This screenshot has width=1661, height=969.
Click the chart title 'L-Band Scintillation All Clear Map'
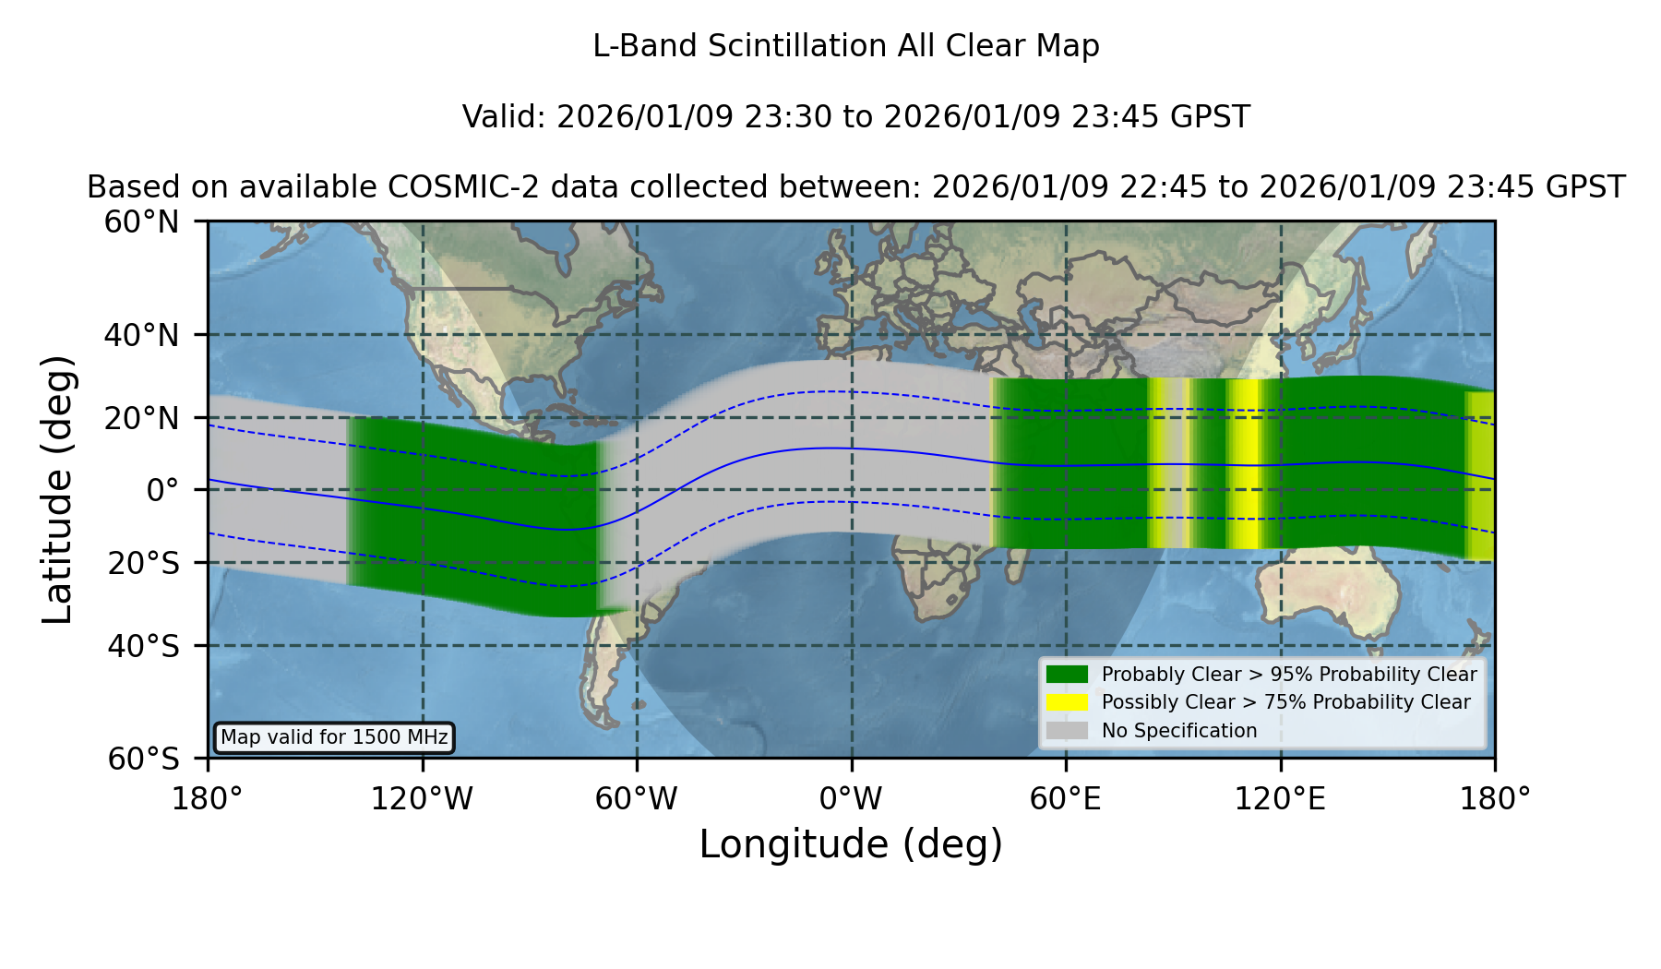coord(845,46)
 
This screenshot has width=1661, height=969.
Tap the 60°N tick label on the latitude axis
coord(142,222)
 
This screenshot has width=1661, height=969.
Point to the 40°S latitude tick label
coord(144,646)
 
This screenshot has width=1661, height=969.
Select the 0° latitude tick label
coord(163,490)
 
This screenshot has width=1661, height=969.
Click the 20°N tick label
coord(142,418)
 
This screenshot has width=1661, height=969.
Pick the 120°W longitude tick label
coord(422,799)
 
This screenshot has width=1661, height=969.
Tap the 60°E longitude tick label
coord(1066,799)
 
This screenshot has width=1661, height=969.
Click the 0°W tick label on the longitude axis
coord(852,799)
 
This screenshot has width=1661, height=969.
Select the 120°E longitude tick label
coord(1281,799)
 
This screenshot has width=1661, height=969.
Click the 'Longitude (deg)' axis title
coord(851,844)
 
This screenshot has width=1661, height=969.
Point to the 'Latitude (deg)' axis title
coord(57,489)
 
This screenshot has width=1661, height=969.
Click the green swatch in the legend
coord(1067,675)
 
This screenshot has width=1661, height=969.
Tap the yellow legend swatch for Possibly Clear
coord(1067,702)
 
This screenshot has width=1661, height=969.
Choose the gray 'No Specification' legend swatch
coord(1067,731)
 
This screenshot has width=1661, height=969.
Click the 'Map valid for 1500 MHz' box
coord(334,737)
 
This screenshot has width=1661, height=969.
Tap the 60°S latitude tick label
coord(144,759)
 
